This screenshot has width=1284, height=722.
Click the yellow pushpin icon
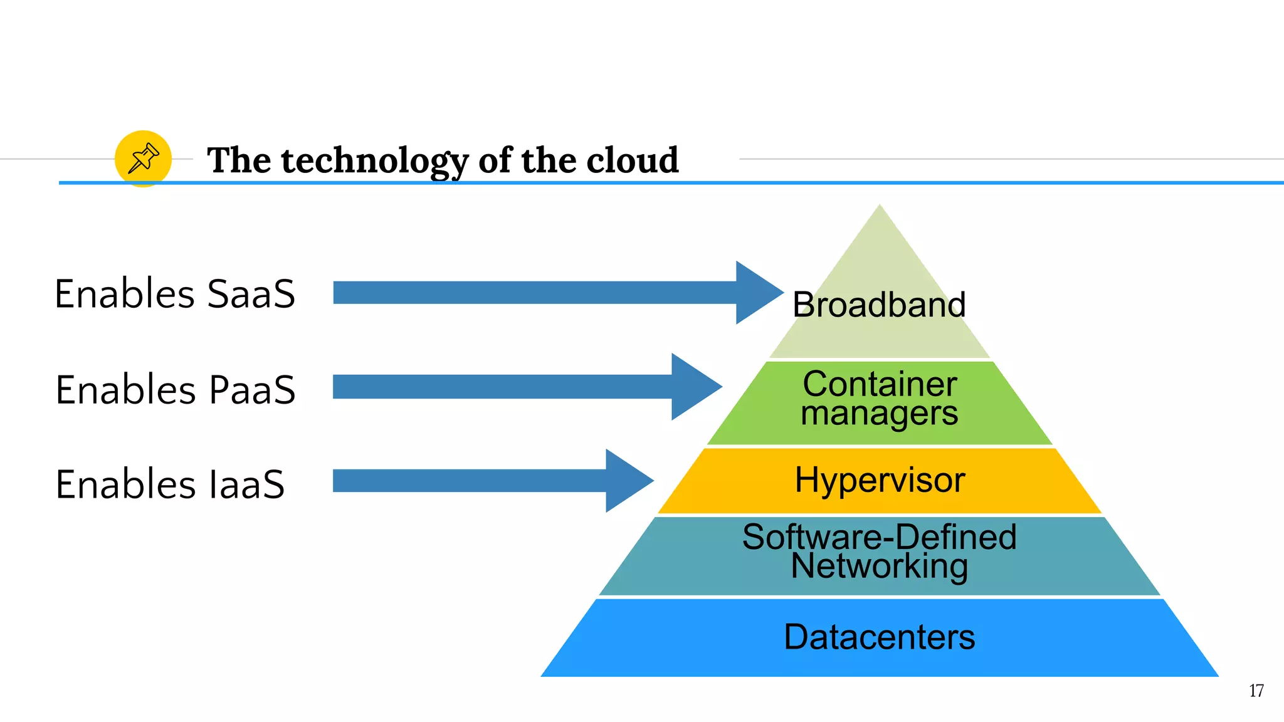pos(143,159)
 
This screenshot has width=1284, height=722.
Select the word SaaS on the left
pos(251,294)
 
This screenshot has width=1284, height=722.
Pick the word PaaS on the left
pos(251,390)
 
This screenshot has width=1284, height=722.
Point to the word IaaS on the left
pos(247,484)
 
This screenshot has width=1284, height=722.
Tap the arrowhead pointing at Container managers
pos(694,387)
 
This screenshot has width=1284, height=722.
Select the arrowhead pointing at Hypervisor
pos(628,481)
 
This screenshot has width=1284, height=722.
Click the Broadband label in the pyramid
pos(879,305)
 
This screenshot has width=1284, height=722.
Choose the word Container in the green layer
pos(880,384)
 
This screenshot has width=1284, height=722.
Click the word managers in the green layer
pos(879,414)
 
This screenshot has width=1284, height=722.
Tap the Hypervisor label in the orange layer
pos(880,480)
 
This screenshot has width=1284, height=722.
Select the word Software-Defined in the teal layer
pos(879,536)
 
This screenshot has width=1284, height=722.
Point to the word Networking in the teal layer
pos(879,566)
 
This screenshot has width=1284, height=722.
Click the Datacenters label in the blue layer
pos(879,637)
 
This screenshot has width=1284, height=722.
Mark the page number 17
pos(1256,691)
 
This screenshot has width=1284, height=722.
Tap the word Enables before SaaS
pos(125,294)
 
